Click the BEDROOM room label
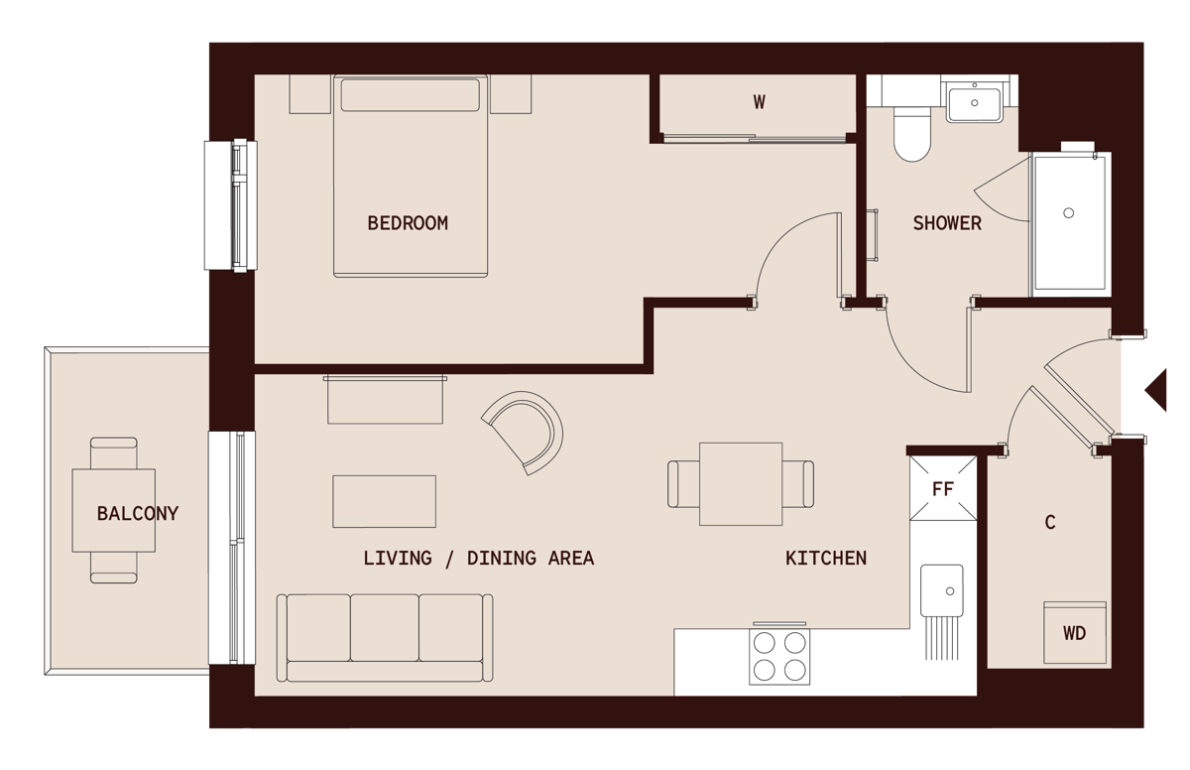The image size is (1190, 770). point(408,223)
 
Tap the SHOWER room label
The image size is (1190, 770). point(947,223)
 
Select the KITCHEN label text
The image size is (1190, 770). point(826,559)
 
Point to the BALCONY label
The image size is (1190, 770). point(137,514)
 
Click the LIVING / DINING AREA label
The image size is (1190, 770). point(478,559)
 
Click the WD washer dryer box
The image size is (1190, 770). point(1074,632)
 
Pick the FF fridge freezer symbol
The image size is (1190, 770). point(943,488)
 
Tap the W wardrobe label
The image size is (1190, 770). point(760,101)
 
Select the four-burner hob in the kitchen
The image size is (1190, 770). point(779,656)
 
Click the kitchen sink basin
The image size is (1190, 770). point(941,593)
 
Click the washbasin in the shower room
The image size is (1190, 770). point(974,101)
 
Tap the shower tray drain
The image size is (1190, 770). point(1069,212)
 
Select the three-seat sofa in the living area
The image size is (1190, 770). point(385,637)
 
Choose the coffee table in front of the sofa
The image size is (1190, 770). point(384,501)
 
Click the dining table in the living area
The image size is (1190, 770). point(741,483)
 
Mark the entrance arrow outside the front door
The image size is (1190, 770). point(1156,389)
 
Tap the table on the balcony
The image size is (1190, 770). point(113,510)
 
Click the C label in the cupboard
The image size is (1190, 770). point(1050,522)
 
